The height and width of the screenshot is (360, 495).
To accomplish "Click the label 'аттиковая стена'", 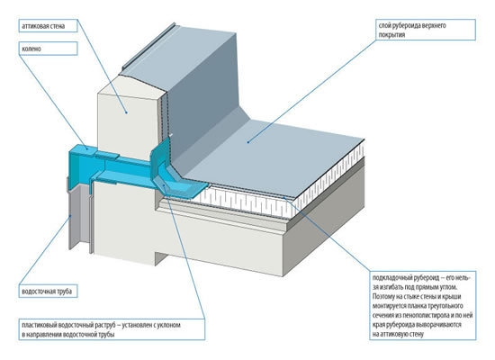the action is pos(43,26).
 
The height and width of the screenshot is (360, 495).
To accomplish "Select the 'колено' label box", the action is pos(48,49).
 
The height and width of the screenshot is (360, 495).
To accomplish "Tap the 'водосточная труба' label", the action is pos(47,292).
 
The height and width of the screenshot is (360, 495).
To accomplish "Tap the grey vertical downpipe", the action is pos(78,218).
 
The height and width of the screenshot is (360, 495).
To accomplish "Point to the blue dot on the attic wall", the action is pos(126,112).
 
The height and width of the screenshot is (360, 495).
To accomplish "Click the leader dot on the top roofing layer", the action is pos(248,142).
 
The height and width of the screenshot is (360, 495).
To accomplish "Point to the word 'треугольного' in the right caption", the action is pos(445,306).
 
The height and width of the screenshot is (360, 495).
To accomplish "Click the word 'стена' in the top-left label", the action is pos(58,26).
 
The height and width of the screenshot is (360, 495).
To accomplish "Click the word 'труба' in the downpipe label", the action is pos(64,292).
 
